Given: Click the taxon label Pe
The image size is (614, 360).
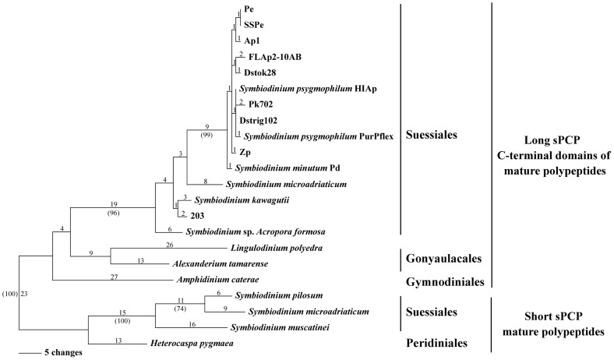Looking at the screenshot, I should tap(249, 9).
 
